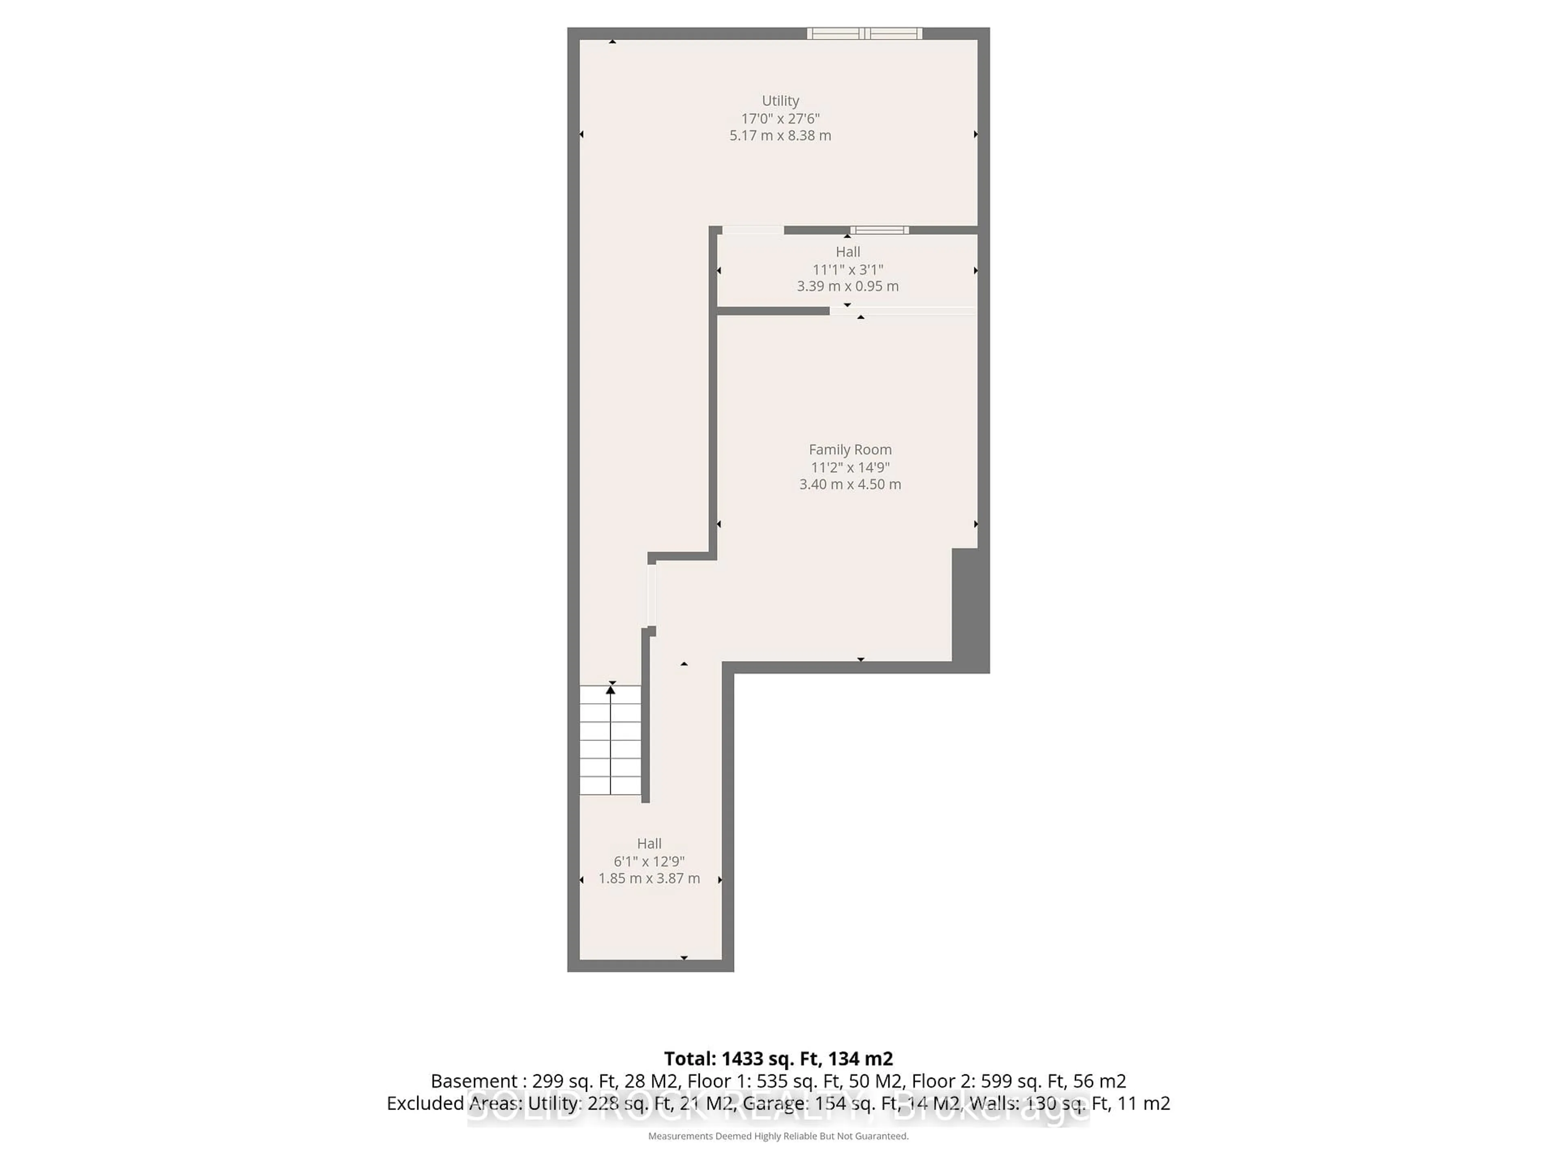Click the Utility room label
coord(780,101)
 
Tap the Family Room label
coord(849,449)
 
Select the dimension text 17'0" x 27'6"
coord(780,118)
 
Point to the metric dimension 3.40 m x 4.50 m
coord(849,484)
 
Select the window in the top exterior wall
coord(864,33)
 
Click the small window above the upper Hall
coord(879,230)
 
